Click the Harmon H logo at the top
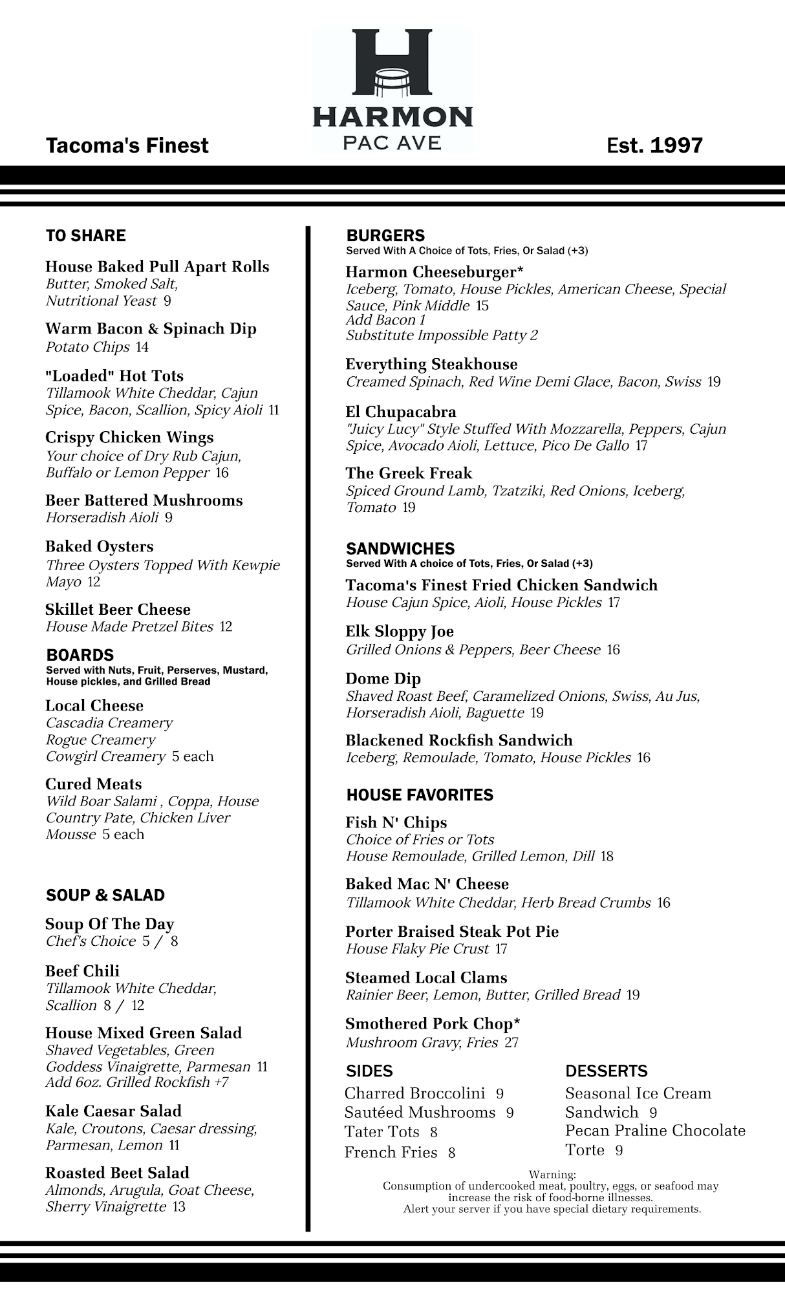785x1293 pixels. pos(392,63)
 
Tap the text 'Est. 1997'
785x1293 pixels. pos(654,145)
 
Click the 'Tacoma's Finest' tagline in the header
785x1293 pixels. pos(127,145)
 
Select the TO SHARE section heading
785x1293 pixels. pos(86,236)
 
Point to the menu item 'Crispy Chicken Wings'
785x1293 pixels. pos(129,438)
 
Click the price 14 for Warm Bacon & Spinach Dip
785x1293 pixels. pos(142,347)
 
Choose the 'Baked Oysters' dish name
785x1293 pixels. pos(100,547)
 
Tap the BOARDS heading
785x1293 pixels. pos(80,655)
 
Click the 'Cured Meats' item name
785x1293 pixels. pos(94,784)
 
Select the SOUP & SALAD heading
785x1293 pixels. pos(105,895)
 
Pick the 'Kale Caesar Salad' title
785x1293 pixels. pos(114,1111)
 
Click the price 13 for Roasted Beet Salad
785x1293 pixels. pos(178,1207)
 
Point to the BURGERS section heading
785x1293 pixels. pos(386,236)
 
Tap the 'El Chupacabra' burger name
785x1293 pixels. pos(401,412)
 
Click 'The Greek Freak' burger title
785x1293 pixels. pos(409,473)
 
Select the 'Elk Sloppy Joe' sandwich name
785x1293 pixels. pos(400,632)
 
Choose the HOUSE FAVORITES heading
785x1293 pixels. pos(420,795)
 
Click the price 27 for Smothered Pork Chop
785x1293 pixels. pos(511,1043)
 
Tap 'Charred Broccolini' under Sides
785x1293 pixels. pos(414,1093)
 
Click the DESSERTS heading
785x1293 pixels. pos(607,1071)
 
